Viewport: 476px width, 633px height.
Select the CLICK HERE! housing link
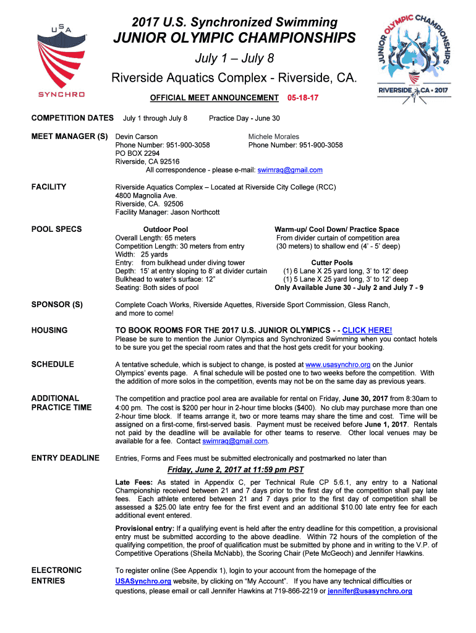coord(367,330)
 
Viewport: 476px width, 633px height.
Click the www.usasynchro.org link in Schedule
coord(338,365)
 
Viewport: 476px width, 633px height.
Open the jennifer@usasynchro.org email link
coord(370,591)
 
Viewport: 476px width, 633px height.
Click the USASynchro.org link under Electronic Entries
coord(143,581)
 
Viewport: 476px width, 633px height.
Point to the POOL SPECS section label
coord(56,229)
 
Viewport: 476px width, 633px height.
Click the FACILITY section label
coord(49,187)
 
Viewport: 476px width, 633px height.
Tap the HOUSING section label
coord(49,330)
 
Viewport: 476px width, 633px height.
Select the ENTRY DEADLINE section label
coord(66,458)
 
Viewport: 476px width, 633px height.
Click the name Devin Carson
coord(137,137)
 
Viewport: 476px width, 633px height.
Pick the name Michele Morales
coord(273,137)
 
